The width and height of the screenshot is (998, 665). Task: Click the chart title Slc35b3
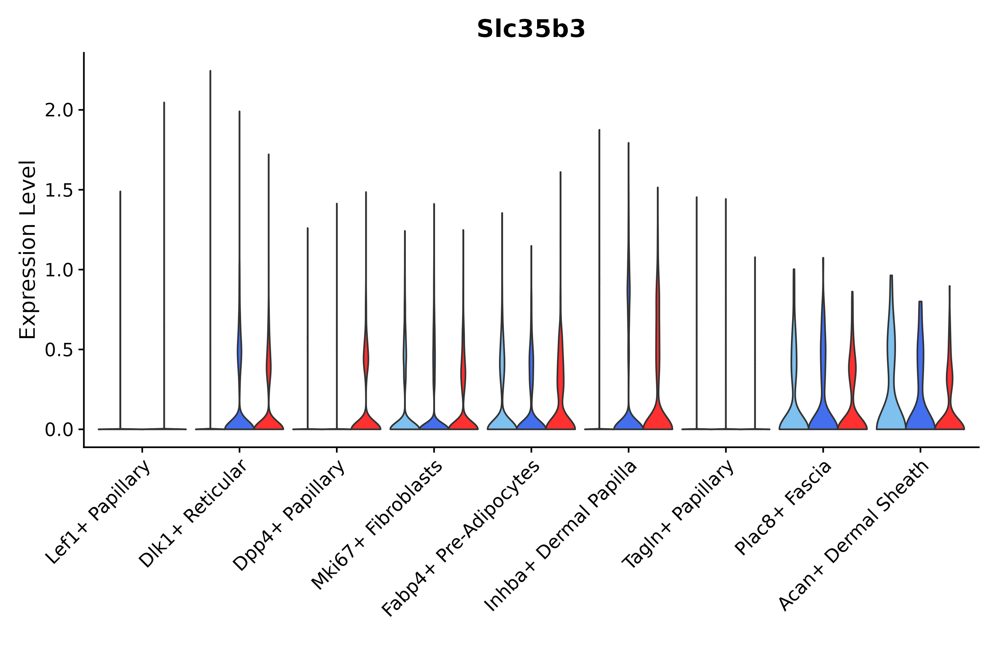click(x=531, y=29)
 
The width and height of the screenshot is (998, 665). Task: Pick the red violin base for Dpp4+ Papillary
click(x=366, y=422)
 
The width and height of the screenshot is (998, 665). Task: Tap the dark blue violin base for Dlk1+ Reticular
click(x=239, y=422)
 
